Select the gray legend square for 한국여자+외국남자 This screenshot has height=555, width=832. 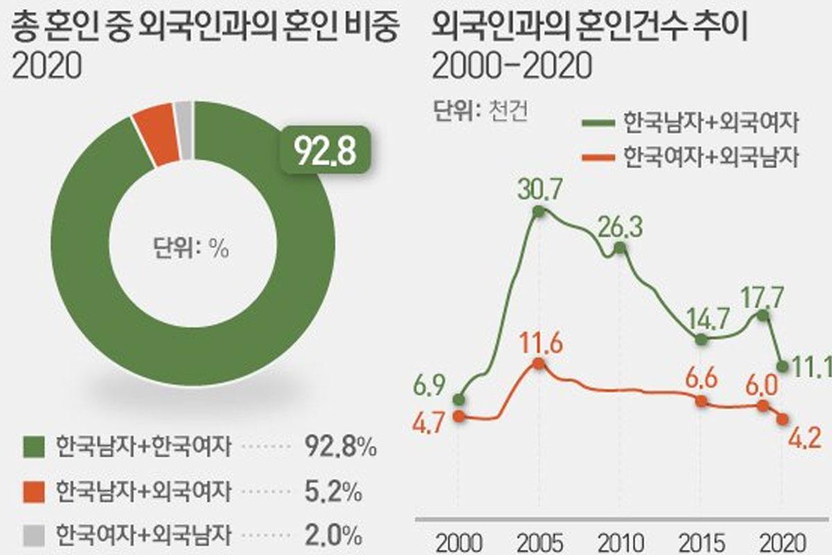point(33,535)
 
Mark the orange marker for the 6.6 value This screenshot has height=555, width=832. point(702,401)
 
